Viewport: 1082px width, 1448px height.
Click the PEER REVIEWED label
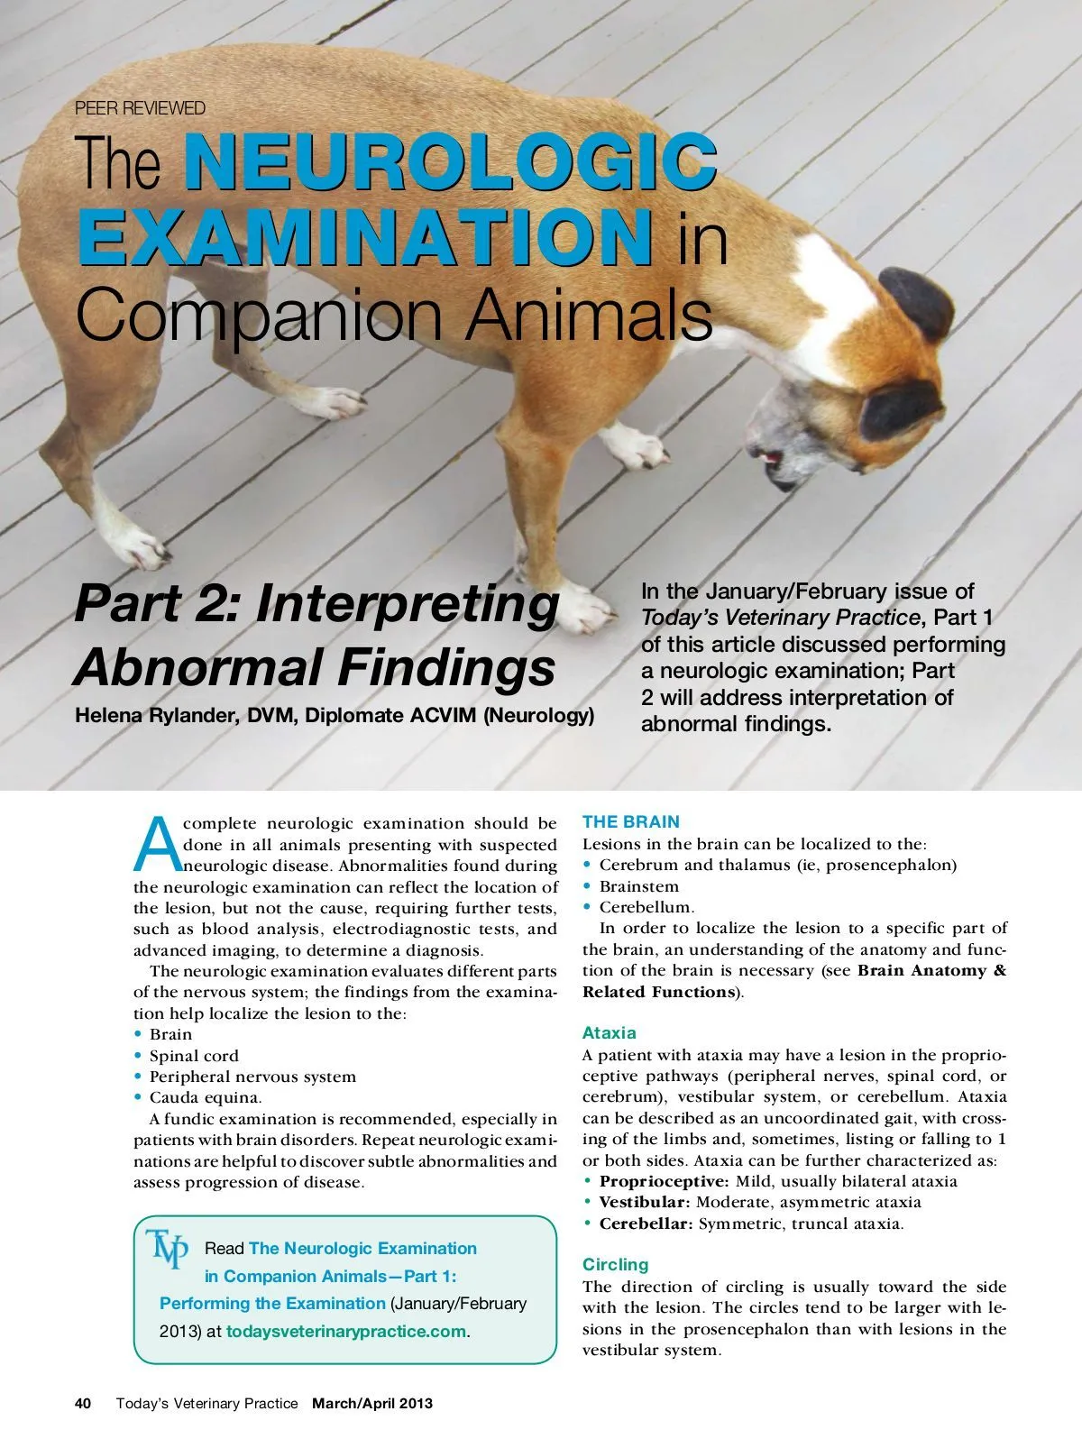point(140,108)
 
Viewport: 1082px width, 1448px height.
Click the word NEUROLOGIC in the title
point(451,162)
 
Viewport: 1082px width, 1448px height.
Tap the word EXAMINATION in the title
point(364,236)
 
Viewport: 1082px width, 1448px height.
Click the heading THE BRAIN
point(631,822)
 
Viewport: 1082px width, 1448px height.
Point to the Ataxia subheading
point(610,1033)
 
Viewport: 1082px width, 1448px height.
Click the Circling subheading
point(615,1265)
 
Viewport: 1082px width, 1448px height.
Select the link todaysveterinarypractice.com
point(346,1332)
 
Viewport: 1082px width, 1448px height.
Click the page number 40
point(83,1404)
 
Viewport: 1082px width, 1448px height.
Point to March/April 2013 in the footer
point(372,1404)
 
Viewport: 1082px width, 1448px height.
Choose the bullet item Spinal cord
point(194,1056)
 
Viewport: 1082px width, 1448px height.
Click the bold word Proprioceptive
point(665,1181)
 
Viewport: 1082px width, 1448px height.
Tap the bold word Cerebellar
point(646,1223)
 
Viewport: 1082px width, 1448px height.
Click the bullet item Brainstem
point(638,886)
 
